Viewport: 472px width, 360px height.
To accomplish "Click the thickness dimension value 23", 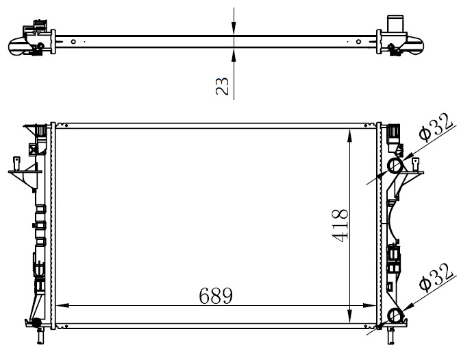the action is point(223,86).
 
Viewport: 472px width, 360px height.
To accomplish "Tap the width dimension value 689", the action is point(216,296).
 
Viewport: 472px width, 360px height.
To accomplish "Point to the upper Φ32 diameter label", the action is point(436,127).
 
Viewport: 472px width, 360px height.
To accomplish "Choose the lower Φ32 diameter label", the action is point(436,278).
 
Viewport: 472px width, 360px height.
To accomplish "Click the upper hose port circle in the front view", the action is point(395,166).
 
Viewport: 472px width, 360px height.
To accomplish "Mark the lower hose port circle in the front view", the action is point(395,316).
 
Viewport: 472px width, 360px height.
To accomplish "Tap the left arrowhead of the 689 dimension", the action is point(62,305).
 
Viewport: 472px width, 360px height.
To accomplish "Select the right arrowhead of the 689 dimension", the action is point(369,305).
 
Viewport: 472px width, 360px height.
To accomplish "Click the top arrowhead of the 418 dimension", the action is point(349,135).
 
